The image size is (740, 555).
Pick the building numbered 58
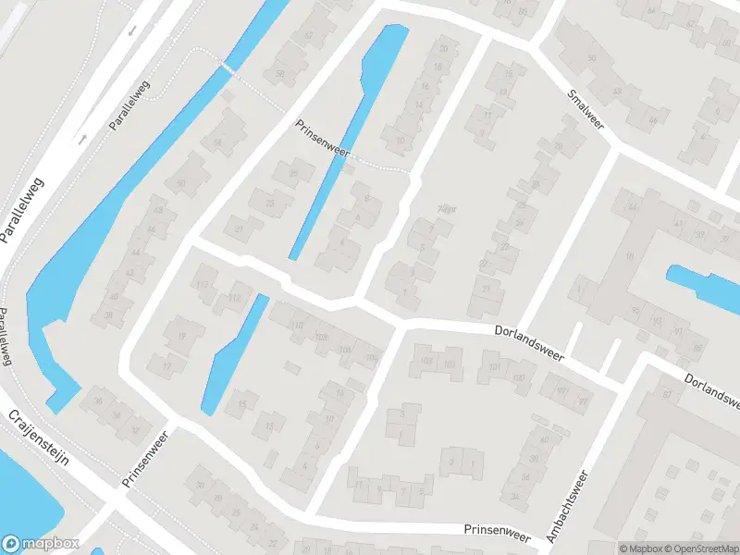(278, 74)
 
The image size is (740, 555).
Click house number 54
(217, 142)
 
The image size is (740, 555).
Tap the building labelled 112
(234, 297)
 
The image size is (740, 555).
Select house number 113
(203, 284)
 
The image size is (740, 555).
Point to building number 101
(494, 367)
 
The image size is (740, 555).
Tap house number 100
(518, 376)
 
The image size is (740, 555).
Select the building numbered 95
(635, 310)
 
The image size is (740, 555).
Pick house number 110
(297, 326)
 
